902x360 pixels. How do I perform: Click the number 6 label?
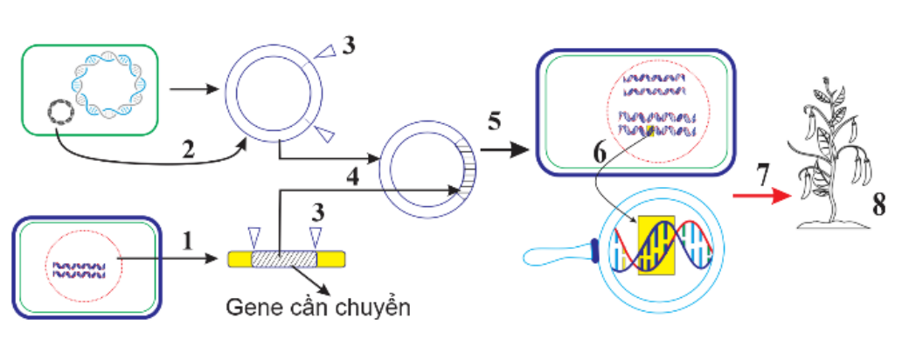[599, 151]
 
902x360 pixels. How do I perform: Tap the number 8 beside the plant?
[879, 207]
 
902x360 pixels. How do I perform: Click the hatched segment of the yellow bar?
[283, 259]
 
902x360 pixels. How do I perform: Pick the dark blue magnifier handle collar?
[596, 252]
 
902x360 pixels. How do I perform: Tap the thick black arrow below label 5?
[506, 149]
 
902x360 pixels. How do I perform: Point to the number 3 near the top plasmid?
[348, 46]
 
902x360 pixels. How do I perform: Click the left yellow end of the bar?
[239, 259]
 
